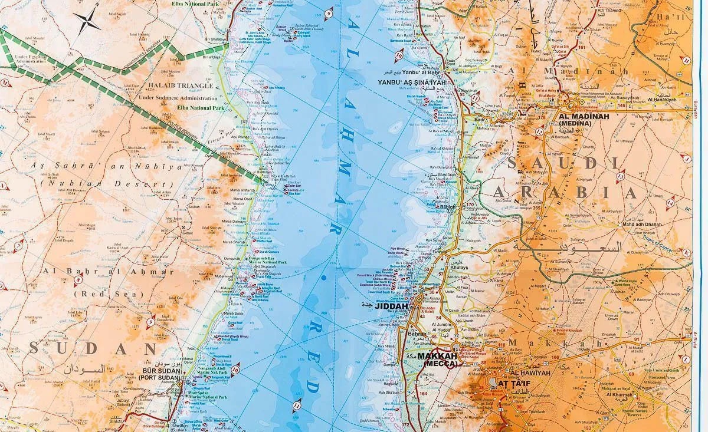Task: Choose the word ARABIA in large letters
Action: coord(565,193)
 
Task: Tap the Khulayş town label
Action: coord(460,267)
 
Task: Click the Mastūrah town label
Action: coord(446,176)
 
